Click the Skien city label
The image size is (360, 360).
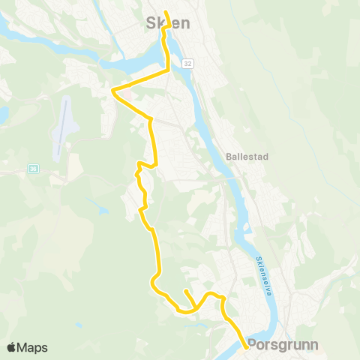click(166, 23)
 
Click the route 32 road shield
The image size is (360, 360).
click(187, 64)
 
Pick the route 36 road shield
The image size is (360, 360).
click(33, 169)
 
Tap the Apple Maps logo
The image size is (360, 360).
click(27, 347)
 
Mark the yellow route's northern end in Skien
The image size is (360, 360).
click(165, 12)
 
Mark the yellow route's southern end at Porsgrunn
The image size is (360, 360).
click(247, 347)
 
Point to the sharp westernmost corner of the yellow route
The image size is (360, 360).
click(112, 91)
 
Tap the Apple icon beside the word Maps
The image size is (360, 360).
click(11, 347)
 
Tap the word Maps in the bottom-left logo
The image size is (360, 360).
click(33, 348)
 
